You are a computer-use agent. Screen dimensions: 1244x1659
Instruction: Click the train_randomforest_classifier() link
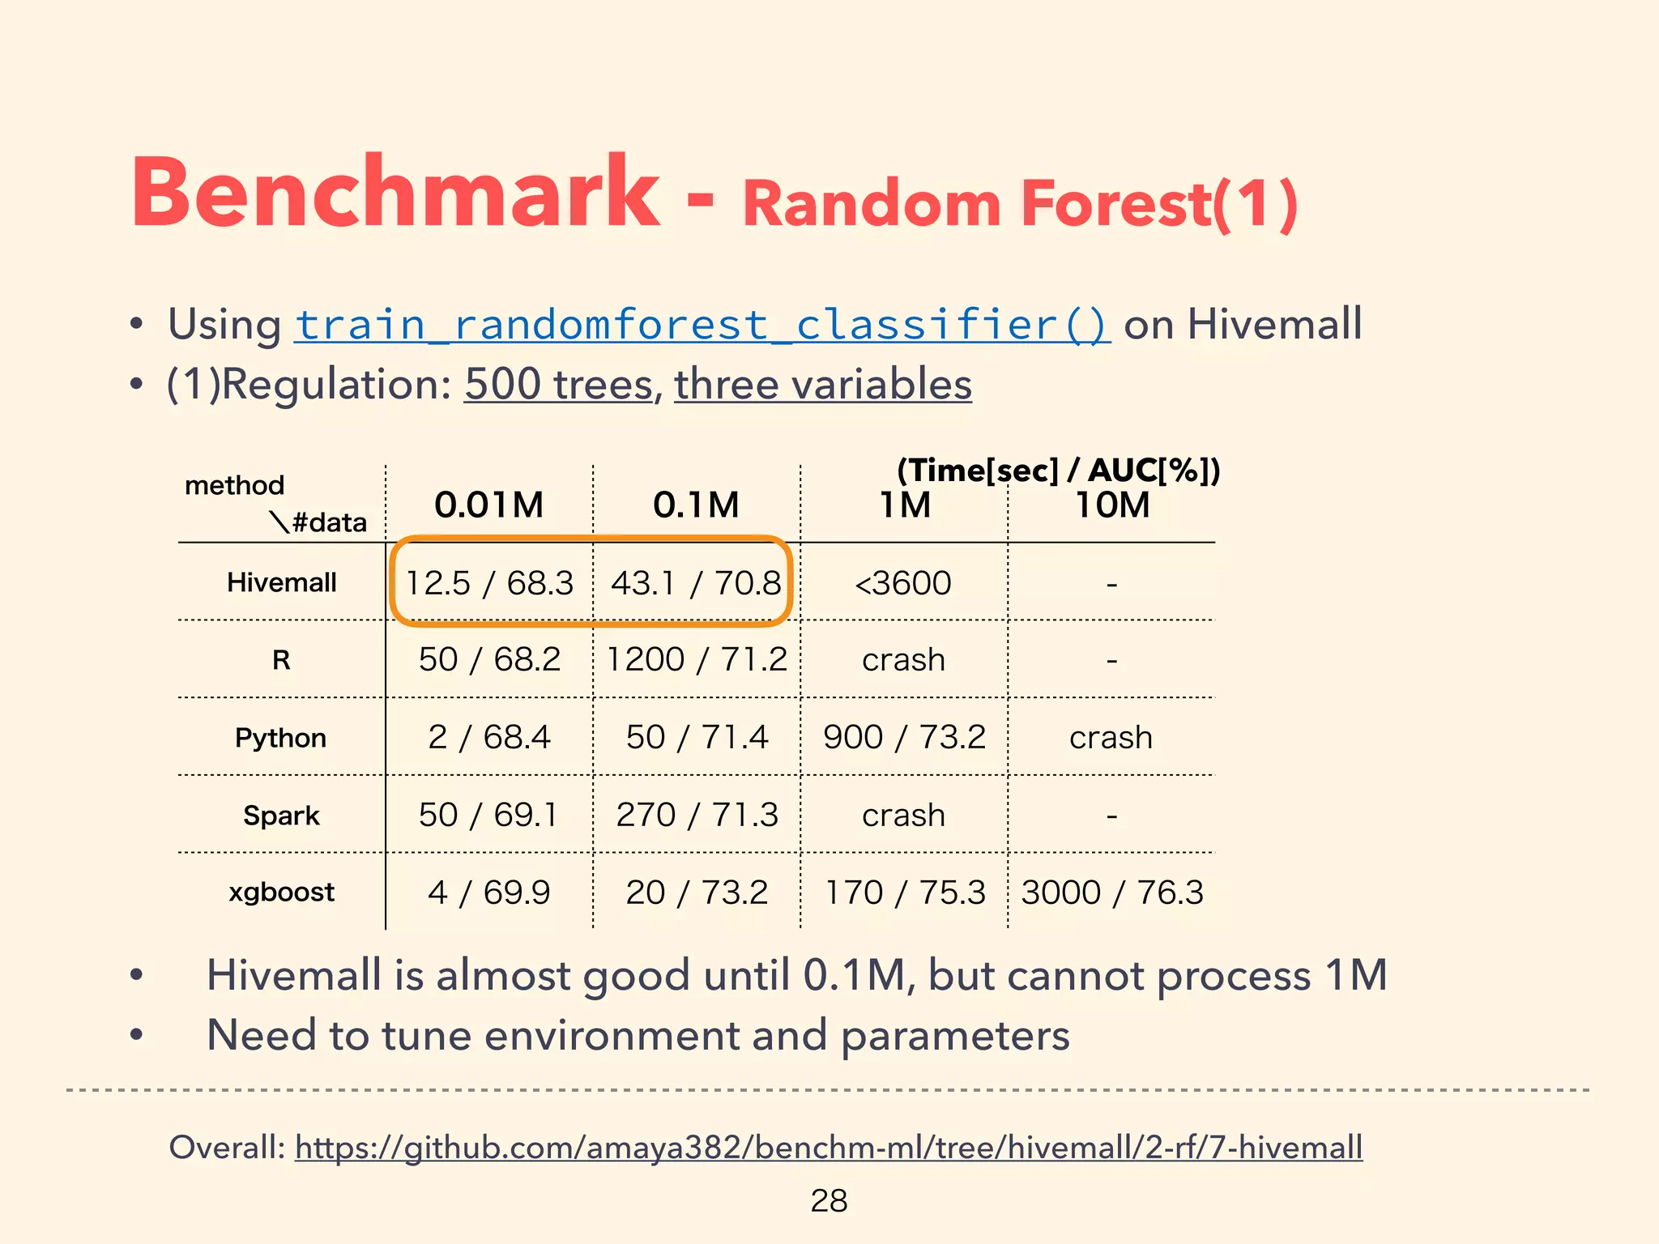pos(702,325)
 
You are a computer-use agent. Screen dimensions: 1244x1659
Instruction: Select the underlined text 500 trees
pos(558,384)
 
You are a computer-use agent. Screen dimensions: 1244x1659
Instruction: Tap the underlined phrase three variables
pos(822,384)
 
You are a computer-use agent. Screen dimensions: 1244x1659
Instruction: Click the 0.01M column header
pos(488,505)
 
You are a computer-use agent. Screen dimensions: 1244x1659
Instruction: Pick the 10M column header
pos(1112,505)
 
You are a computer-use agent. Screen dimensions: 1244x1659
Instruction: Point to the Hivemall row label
pos(281,582)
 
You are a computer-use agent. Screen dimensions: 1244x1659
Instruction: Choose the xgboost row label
pos(281,892)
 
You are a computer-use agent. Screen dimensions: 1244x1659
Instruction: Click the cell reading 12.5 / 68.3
pos(489,582)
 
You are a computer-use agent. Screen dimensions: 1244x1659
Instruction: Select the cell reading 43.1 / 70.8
pos(696,582)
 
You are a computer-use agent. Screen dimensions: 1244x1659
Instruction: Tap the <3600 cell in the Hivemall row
pos(903,582)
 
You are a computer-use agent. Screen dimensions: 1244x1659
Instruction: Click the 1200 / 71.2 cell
pos(697,659)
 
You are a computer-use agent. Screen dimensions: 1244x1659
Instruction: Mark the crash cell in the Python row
pos(1111,737)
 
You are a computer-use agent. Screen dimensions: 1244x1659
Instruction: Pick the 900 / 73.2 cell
pos(904,737)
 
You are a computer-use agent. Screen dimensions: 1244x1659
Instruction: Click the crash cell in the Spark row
pos(903,815)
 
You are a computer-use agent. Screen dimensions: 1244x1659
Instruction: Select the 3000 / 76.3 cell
pos(1112,892)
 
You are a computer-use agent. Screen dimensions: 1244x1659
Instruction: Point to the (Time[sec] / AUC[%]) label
pos(1058,470)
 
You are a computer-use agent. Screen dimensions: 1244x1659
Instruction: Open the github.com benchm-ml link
pos(828,1147)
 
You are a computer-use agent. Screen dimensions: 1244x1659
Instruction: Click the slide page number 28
pos(829,1200)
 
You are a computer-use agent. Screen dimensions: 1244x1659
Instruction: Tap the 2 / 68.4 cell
pos(489,737)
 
